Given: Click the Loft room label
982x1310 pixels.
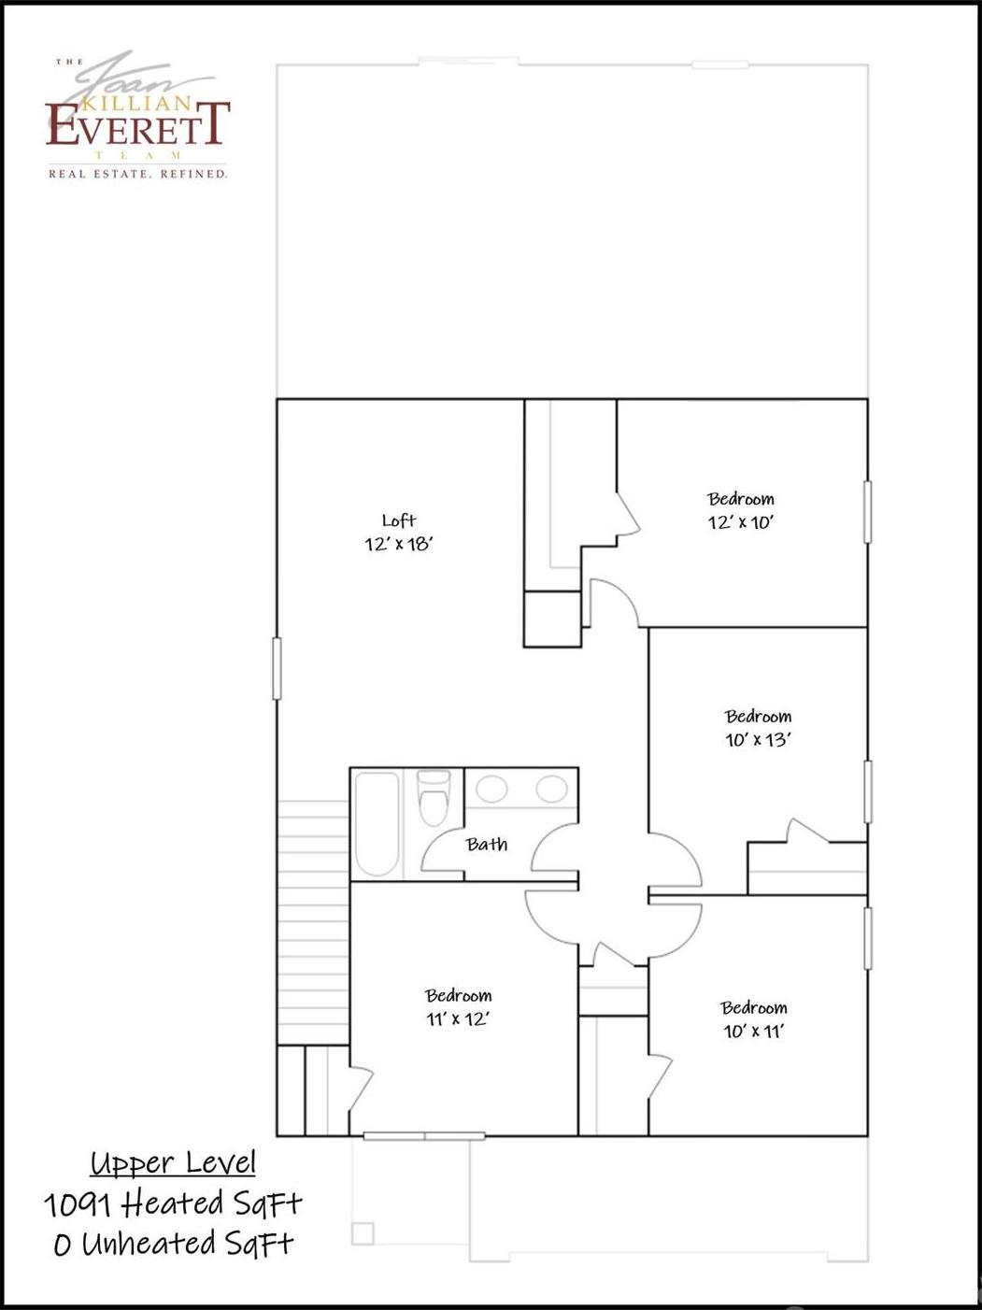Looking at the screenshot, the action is pyautogui.click(x=399, y=520).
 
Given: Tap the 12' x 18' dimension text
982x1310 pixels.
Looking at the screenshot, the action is pyautogui.click(x=398, y=544).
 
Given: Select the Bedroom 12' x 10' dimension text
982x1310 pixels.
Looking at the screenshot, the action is pyautogui.click(x=740, y=522).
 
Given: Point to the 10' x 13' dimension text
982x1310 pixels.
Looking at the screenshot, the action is pyautogui.click(x=758, y=739).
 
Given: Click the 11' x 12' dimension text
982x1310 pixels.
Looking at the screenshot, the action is pyautogui.click(x=458, y=1018).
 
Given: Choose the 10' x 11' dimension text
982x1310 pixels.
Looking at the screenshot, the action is pyautogui.click(x=753, y=1031).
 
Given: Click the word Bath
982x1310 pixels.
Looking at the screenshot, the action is pyautogui.click(x=487, y=844).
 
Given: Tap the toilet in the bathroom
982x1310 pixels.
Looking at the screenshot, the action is pyautogui.click(x=434, y=797).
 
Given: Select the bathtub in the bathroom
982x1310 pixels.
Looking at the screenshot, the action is pyautogui.click(x=377, y=823).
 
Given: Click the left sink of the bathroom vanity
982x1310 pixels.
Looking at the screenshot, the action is pyautogui.click(x=491, y=789).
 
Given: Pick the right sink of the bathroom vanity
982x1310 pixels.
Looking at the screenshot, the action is pyautogui.click(x=551, y=789).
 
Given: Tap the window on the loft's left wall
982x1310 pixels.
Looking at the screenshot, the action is pyautogui.click(x=277, y=668).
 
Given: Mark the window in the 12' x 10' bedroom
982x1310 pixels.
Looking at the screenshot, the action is pyautogui.click(x=867, y=512).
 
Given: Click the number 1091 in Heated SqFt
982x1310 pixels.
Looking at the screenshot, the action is pyautogui.click(x=77, y=1204).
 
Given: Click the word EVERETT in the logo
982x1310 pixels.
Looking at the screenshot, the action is pyautogui.click(x=137, y=123).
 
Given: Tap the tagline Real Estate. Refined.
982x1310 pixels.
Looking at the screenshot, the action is pyautogui.click(x=137, y=175).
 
